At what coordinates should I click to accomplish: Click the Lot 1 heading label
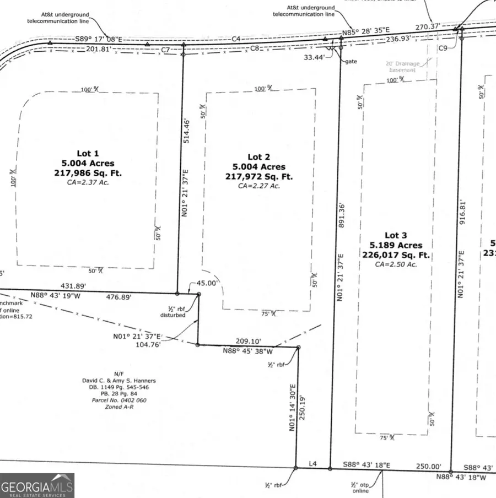click(x=88, y=153)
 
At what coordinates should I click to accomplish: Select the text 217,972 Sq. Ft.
click(x=258, y=176)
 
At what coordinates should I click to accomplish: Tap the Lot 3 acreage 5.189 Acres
click(x=396, y=245)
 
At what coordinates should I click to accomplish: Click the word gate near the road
click(x=351, y=62)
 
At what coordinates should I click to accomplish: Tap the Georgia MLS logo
click(x=37, y=486)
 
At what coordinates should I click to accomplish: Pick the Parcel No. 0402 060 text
click(x=117, y=400)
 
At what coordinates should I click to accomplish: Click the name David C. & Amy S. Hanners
click(x=116, y=381)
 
